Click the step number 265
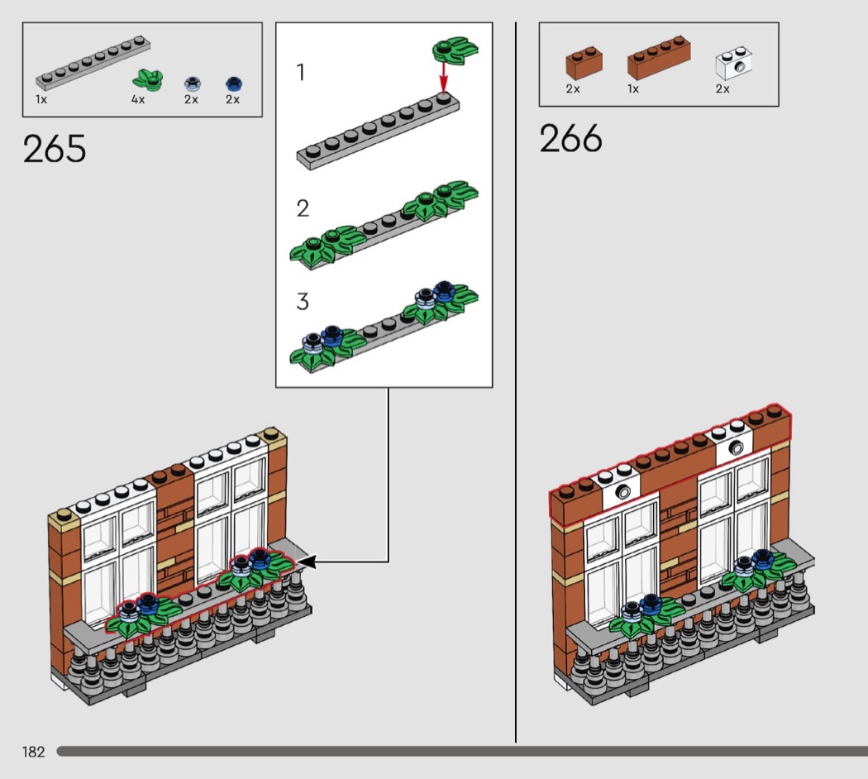pos(55,148)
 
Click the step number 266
pos(570,138)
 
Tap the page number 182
pos(33,752)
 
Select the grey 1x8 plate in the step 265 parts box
pos(93,63)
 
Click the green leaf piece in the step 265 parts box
pos(148,80)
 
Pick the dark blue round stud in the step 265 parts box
pos(235,84)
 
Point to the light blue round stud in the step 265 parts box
pos(192,84)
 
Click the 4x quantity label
pos(138,100)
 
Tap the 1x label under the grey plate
pos(41,100)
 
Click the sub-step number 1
pos(301,72)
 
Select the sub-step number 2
pos(303,208)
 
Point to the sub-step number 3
pos(303,302)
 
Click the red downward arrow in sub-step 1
pos(443,76)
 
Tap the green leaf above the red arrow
pos(455,50)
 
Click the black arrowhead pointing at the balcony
pos(307,562)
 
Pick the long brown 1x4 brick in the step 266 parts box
pos(659,57)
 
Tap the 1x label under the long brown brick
pos(633,88)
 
